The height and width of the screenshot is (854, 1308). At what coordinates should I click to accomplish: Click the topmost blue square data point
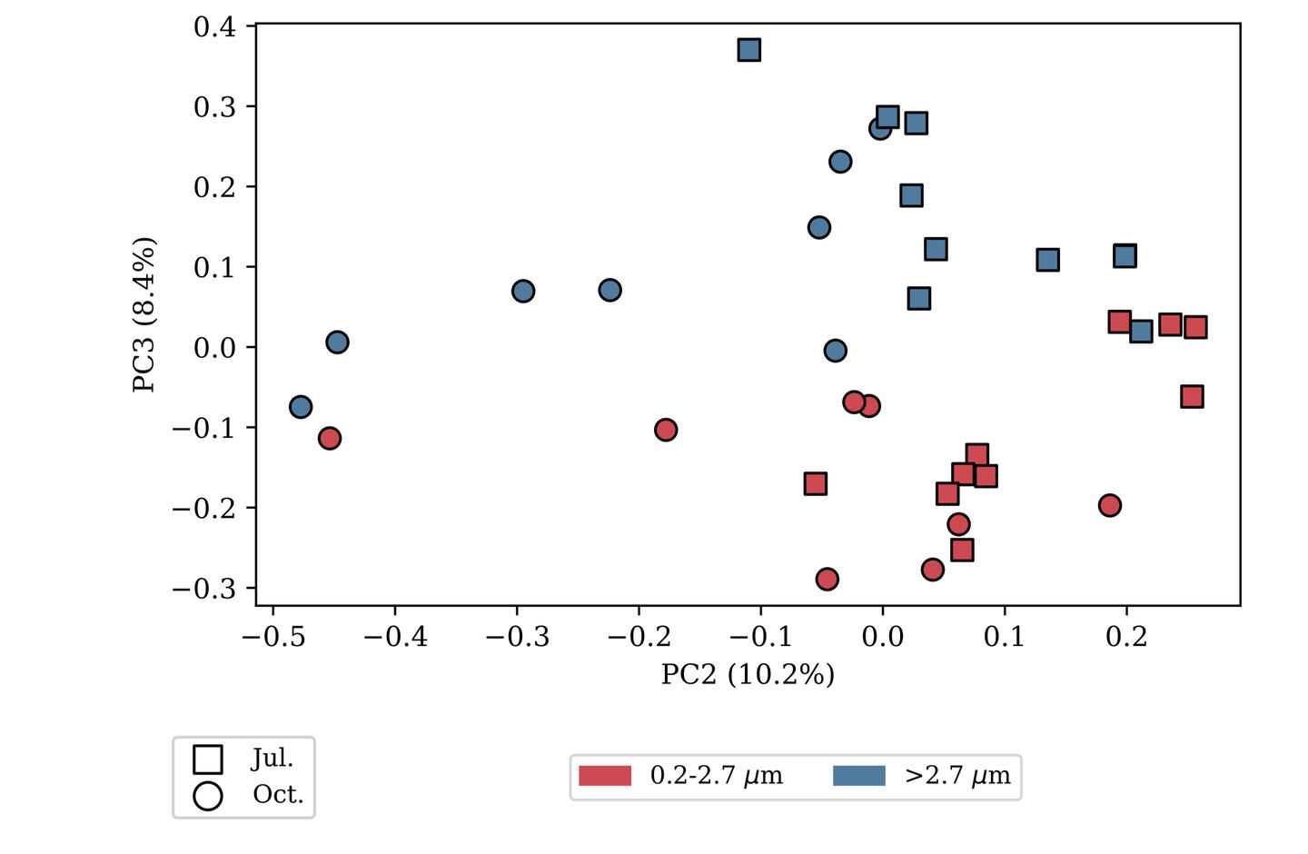tap(748, 50)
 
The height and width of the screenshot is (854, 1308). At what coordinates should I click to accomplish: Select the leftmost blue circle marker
tap(301, 407)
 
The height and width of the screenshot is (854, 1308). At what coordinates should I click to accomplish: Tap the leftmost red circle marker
tap(330, 438)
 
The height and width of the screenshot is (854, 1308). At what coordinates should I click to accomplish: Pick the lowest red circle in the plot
tap(827, 579)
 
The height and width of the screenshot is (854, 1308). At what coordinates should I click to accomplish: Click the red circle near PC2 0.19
tap(1109, 505)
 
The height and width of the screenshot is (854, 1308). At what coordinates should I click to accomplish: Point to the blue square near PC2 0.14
tap(1047, 260)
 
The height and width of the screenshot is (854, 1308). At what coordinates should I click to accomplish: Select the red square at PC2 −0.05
tap(815, 483)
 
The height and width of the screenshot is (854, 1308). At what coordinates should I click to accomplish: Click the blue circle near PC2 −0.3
tap(522, 291)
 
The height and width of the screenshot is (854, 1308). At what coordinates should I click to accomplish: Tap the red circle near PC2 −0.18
tap(666, 430)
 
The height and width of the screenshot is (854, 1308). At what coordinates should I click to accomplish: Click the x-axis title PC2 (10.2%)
tap(748, 674)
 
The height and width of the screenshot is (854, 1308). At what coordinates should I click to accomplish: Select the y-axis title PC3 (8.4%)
tap(144, 314)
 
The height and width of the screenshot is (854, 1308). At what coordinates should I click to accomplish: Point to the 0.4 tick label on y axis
tap(214, 27)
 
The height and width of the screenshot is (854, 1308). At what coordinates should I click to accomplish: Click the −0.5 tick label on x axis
tap(273, 636)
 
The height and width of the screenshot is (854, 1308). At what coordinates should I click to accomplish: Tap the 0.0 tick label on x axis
tap(882, 636)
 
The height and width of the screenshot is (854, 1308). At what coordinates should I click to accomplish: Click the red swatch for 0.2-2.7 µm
tap(605, 776)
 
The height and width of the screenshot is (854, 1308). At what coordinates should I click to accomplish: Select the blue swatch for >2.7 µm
tap(859, 776)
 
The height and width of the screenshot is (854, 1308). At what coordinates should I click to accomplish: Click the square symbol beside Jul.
tap(208, 759)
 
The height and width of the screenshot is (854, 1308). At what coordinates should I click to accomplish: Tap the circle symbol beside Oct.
tap(208, 796)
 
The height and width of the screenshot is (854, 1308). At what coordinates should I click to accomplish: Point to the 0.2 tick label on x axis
tap(1126, 636)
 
